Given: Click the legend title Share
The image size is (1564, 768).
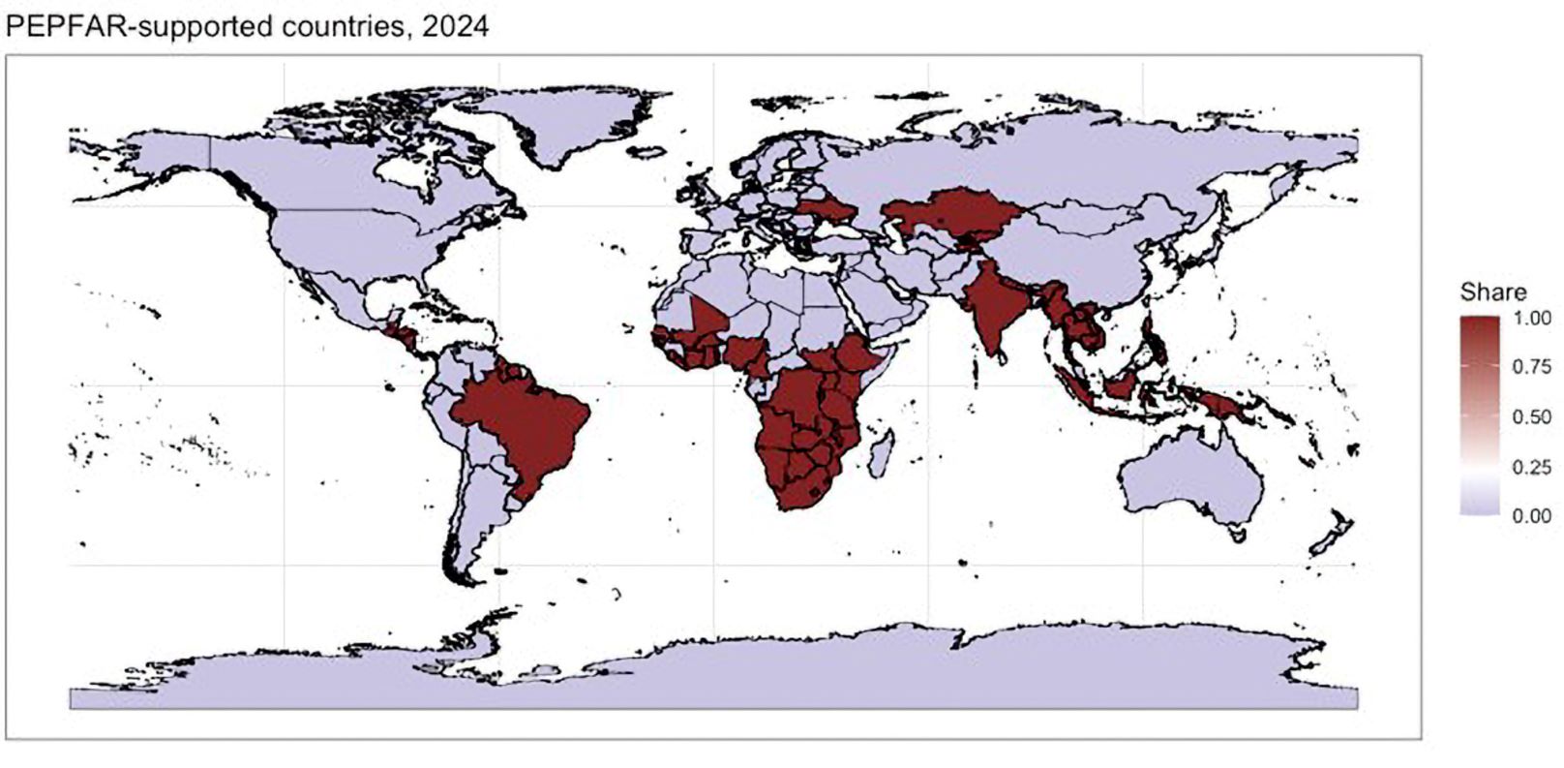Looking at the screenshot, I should coord(1492,292).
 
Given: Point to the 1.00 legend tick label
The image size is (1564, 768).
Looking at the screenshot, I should coord(1532,319).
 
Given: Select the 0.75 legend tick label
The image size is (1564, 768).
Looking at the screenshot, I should coord(1532,368).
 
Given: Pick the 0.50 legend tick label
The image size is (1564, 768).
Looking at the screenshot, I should coord(1532,417).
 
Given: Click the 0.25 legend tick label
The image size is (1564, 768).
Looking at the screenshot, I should coord(1532,467).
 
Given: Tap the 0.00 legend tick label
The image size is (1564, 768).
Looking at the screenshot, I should coord(1532,515).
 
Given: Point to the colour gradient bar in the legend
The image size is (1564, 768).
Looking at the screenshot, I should coord(1479,416).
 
